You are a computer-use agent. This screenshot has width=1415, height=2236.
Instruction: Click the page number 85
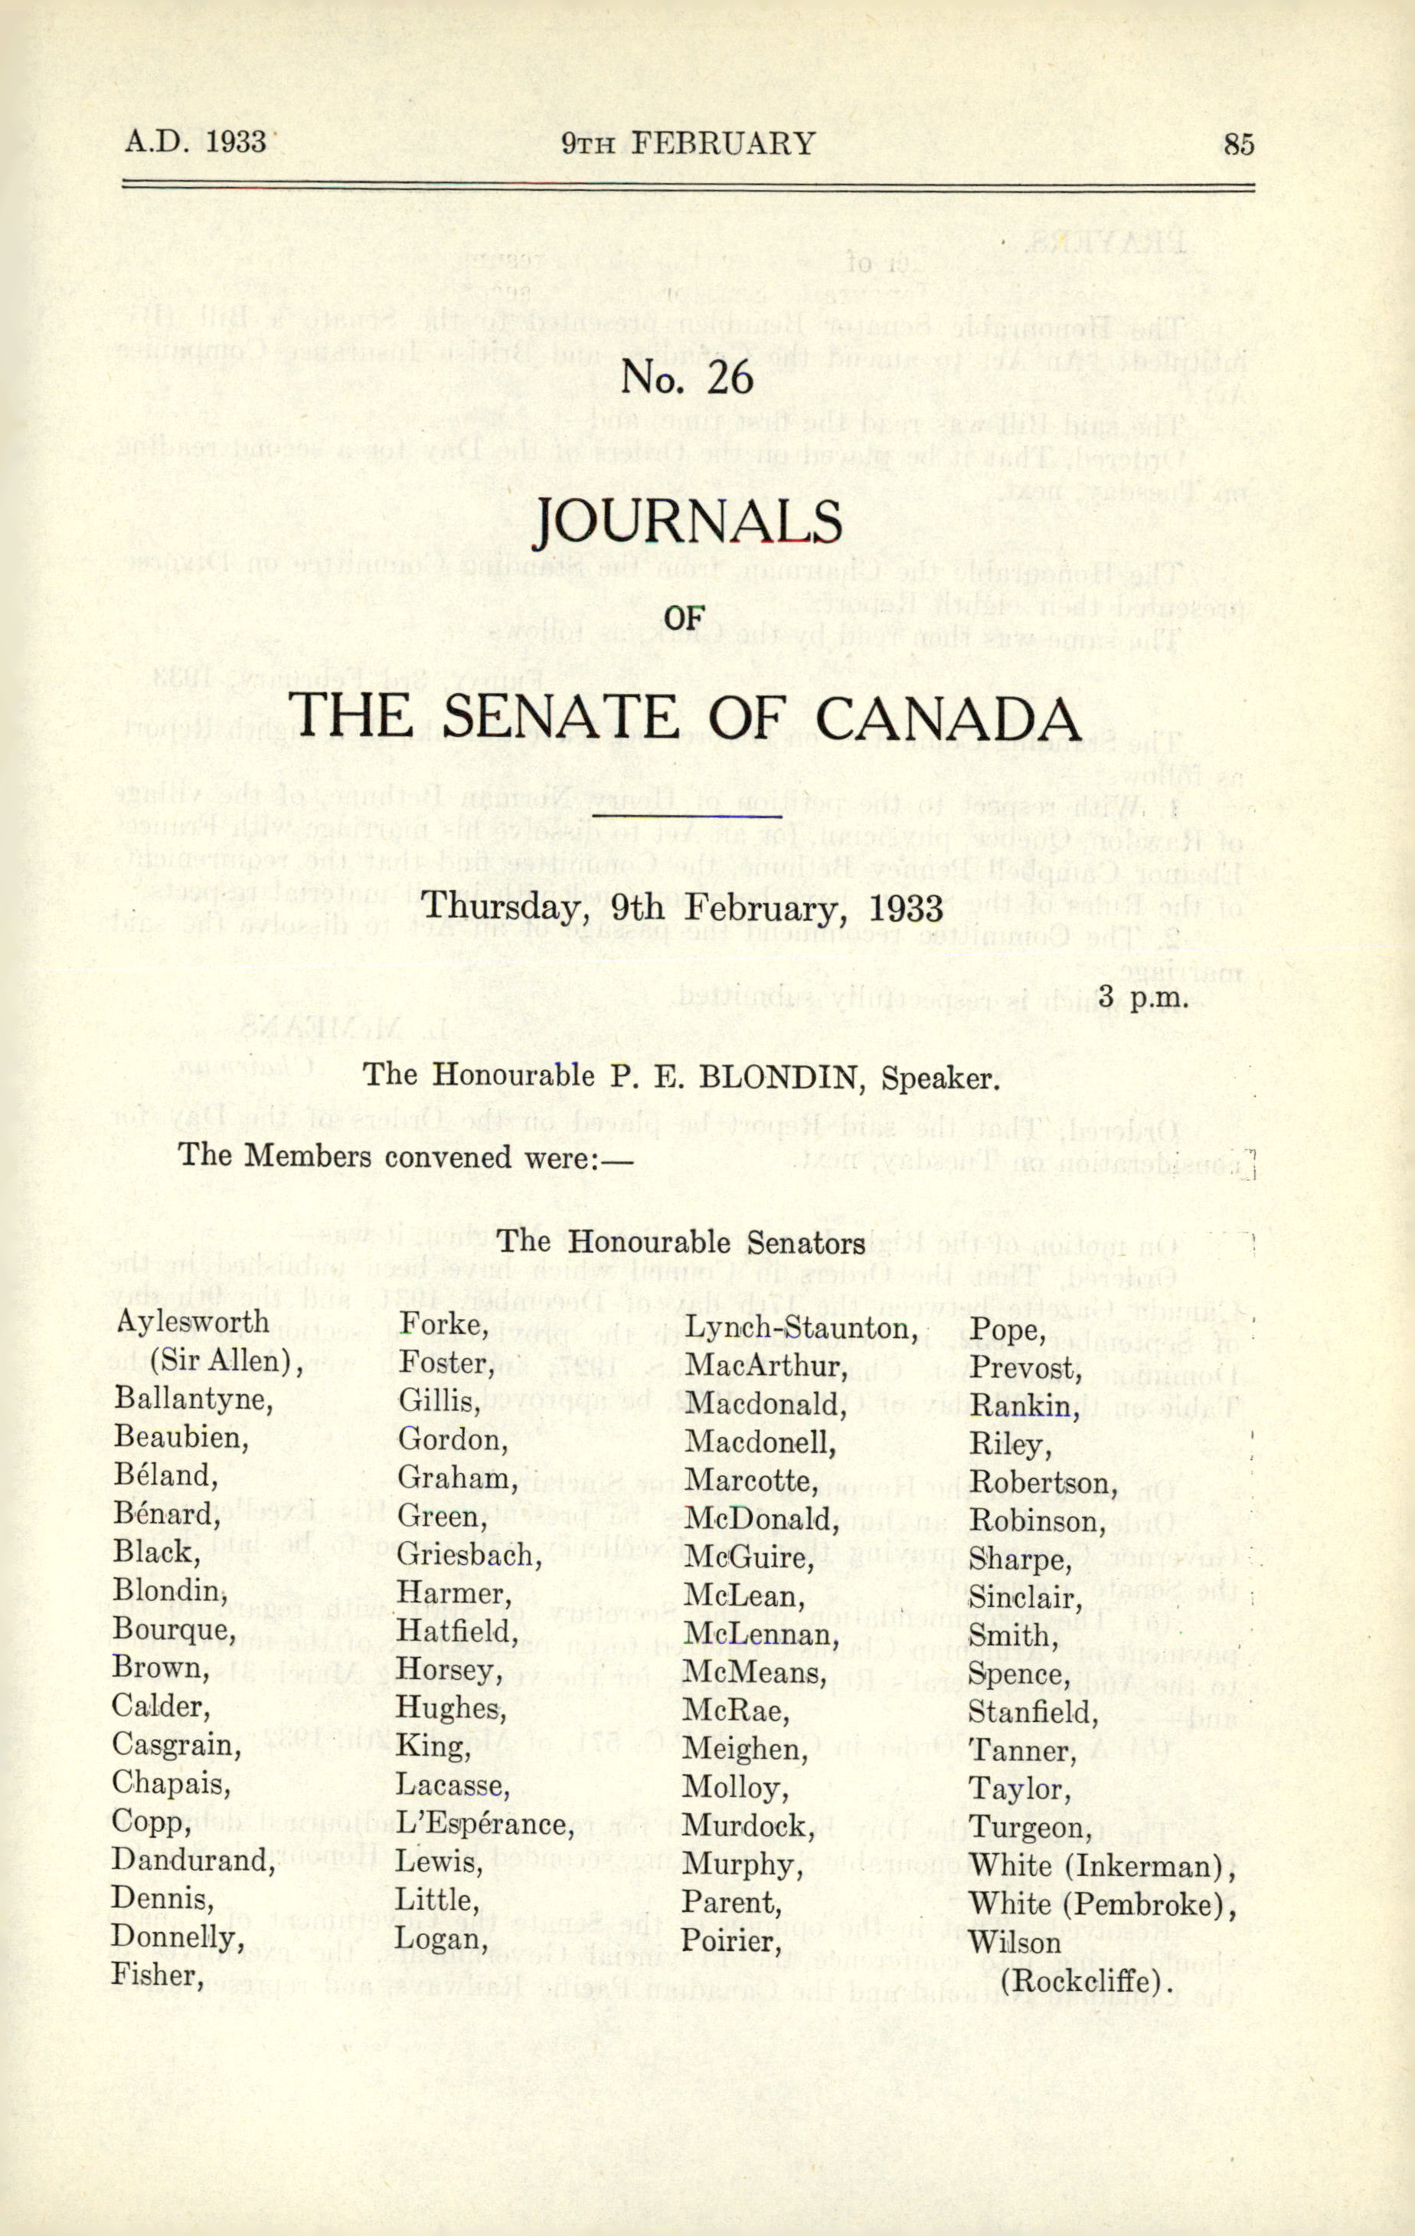1239,144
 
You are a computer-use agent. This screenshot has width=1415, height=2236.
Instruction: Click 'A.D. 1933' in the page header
196,142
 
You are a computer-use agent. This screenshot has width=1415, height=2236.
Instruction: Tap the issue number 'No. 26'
686,377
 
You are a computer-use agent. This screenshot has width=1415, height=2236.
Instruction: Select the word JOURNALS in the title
688,524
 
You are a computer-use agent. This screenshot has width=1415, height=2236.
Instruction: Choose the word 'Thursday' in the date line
489,905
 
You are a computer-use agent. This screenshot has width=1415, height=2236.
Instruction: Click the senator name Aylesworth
192,1321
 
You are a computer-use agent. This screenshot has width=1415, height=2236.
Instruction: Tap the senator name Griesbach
469,1553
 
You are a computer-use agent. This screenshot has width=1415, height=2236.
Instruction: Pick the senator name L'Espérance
484,1823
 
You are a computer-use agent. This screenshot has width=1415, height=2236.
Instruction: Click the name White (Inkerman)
1102,1864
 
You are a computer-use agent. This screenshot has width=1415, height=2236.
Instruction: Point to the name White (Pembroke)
1102,1904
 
